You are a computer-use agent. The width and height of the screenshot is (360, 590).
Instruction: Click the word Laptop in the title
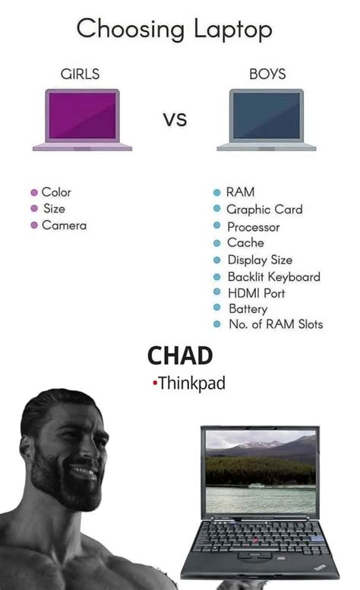pyautogui.click(x=233, y=30)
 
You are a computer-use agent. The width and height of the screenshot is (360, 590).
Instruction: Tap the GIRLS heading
pyautogui.click(x=80, y=74)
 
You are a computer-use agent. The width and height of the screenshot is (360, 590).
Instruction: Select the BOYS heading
pyautogui.click(x=267, y=74)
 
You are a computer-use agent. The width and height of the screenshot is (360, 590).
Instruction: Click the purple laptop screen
pyautogui.click(x=82, y=115)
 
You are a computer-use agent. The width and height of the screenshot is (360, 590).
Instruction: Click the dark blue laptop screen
pyautogui.click(x=267, y=115)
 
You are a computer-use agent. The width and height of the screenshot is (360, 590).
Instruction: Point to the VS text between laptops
pyautogui.click(x=174, y=120)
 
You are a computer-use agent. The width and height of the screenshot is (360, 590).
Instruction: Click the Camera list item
pyautogui.click(x=64, y=225)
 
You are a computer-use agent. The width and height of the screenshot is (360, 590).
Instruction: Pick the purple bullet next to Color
pyautogui.click(x=34, y=193)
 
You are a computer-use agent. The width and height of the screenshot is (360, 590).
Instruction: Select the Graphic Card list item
pyautogui.click(x=264, y=210)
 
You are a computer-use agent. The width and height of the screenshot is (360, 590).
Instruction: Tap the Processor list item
pyautogui.click(x=254, y=226)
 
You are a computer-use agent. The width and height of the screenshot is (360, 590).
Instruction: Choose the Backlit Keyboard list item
pyautogui.click(x=273, y=276)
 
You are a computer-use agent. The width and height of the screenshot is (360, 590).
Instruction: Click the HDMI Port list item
pyautogui.click(x=256, y=293)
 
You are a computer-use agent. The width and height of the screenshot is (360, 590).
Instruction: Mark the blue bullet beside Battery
pyautogui.click(x=217, y=309)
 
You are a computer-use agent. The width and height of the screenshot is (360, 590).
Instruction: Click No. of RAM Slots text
pyautogui.click(x=276, y=325)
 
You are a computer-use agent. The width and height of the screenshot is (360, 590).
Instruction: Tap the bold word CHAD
pyautogui.click(x=180, y=355)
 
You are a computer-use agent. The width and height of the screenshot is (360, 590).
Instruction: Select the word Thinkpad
pyautogui.click(x=192, y=383)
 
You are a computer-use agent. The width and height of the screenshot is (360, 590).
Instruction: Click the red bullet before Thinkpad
pyautogui.click(x=155, y=384)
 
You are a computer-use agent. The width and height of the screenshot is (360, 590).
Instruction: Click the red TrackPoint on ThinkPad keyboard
pyautogui.click(x=256, y=539)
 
